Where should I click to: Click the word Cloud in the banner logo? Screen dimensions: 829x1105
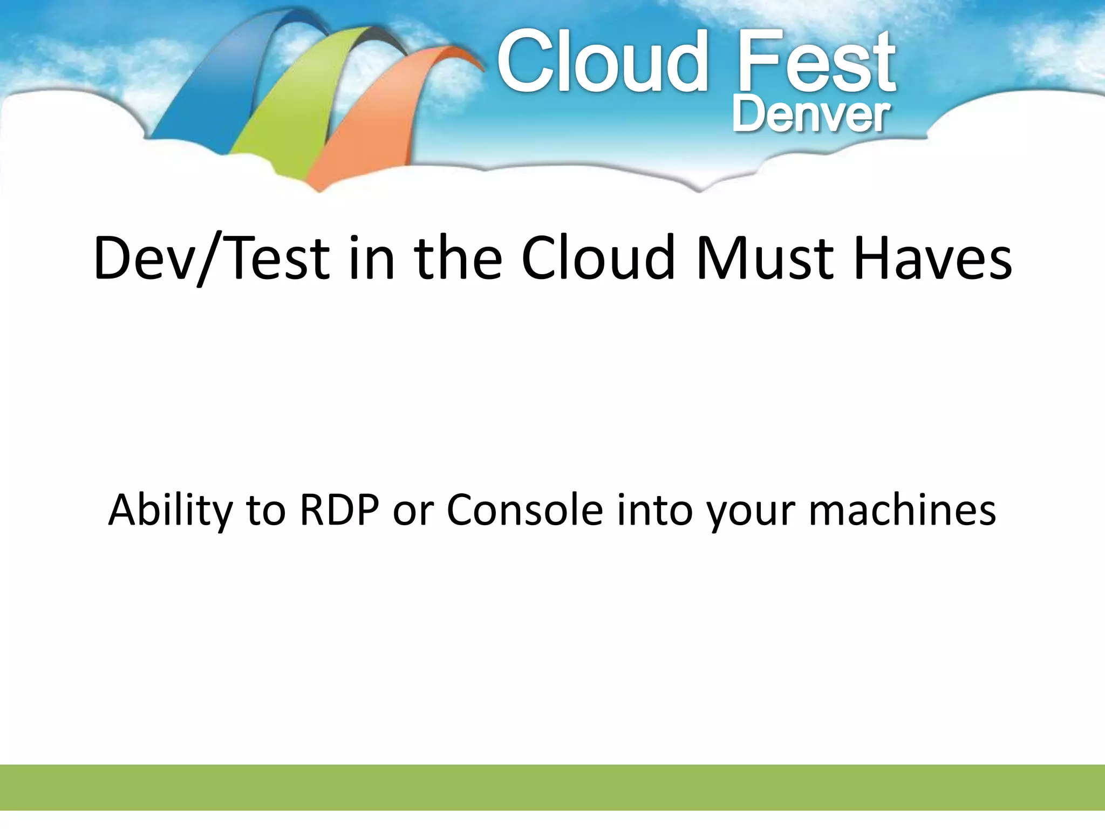[602, 62]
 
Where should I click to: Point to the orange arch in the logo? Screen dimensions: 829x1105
[367, 119]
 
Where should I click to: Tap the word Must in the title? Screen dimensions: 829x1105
[763, 259]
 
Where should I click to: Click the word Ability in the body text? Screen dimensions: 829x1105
[170, 510]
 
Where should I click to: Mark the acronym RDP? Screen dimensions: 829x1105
[339, 510]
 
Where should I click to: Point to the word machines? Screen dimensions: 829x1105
[902, 510]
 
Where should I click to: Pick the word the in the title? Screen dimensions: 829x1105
[458, 259]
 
